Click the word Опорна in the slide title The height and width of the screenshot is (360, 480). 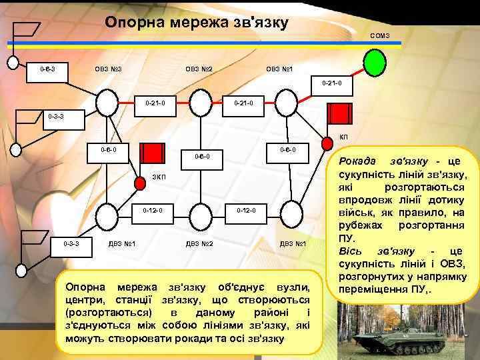[133, 23]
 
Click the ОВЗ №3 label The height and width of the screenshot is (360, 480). [106, 69]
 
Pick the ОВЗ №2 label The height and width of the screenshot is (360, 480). [197, 69]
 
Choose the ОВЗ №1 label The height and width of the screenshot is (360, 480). [279, 69]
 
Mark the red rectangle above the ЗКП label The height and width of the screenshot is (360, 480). [155, 153]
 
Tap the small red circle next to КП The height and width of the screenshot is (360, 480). [326, 141]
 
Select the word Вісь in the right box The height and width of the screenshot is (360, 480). [351, 251]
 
